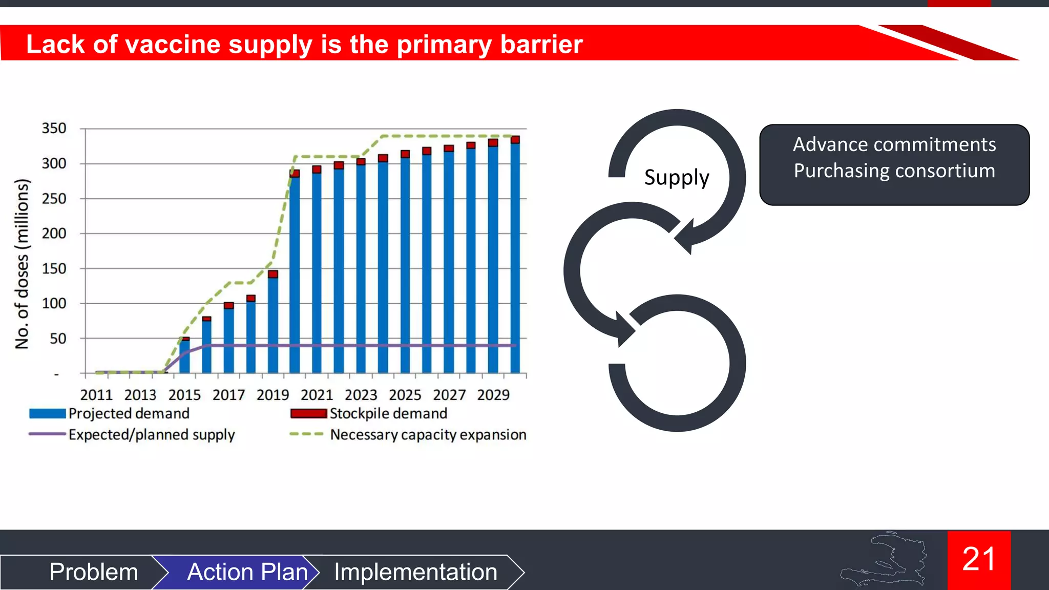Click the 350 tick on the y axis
[54, 128]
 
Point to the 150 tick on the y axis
[54, 268]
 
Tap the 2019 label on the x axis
[272, 395]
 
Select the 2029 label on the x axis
[493, 395]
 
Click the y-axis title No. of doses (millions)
[22, 264]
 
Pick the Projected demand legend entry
[129, 413]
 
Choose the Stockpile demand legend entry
[388, 413]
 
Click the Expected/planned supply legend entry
[152, 434]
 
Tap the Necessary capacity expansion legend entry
[428, 434]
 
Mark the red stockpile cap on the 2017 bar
[229, 305]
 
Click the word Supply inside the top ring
[677, 178]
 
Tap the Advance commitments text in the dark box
[894, 144]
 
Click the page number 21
[978, 559]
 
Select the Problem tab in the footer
[94, 572]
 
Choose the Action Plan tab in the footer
[247, 572]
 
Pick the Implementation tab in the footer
[415, 572]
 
